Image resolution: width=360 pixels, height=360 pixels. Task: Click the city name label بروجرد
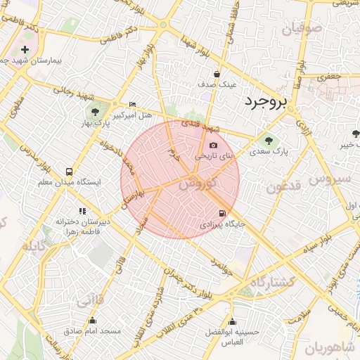coord(266,102)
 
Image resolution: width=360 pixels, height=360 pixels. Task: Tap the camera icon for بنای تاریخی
coord(214,145)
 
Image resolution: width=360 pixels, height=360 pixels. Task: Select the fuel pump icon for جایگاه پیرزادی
coord(223,213)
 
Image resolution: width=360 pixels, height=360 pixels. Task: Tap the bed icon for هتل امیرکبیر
coord(132,104)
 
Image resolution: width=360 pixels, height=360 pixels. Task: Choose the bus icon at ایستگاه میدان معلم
coord(69,172)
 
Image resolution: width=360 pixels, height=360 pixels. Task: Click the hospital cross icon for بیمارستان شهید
coord(25,50)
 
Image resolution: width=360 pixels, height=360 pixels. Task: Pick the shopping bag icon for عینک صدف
coord(217,74)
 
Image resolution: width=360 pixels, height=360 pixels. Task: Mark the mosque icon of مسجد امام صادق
coord(92,321)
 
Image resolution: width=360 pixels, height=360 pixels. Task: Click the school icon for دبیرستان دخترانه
coord(82,210)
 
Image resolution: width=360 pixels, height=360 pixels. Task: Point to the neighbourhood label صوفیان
coord(302,30)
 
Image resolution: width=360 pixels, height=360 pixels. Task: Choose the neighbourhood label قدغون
coord(283,187)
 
